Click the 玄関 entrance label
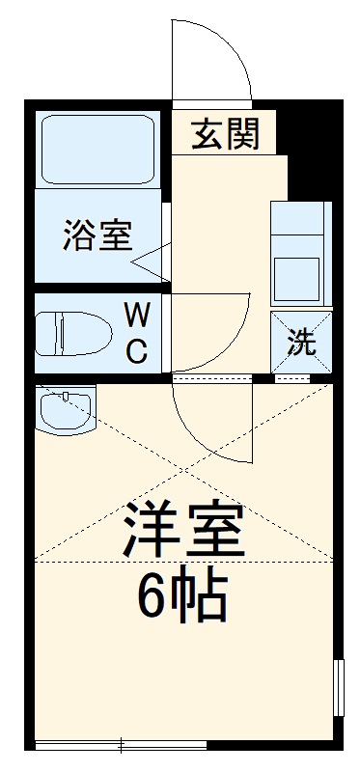coord(224,134)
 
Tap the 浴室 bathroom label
coord(97,234)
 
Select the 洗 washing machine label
coord(302,343)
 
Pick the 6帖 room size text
coord(181,596)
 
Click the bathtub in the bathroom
coord(97,150)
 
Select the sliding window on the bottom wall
coord(121,743)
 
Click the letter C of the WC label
coord(137,351)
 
